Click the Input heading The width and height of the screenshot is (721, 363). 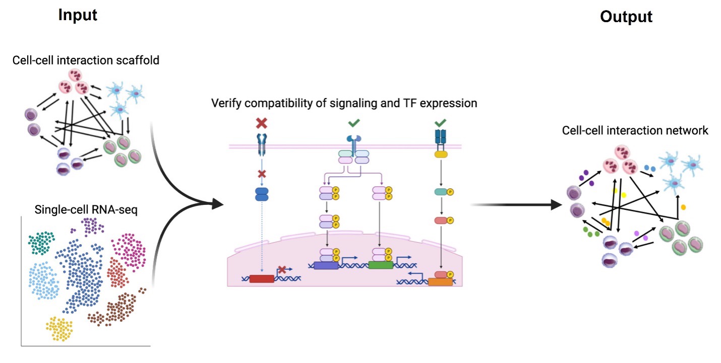click(78, 15)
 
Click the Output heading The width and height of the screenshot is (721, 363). click(626, 17)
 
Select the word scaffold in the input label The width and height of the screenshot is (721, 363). click(141, 60)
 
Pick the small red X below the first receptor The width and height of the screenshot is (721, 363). click(262, 174)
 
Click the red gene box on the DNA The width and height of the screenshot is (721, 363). click(262, 278)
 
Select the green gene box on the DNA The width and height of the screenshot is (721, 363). click(381, 264)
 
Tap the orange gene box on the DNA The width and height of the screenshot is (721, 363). click(440, 282)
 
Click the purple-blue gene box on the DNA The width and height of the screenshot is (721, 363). click(326, 264)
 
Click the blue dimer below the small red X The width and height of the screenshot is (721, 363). click(262, 195)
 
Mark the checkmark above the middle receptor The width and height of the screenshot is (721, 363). click(354, 123)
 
